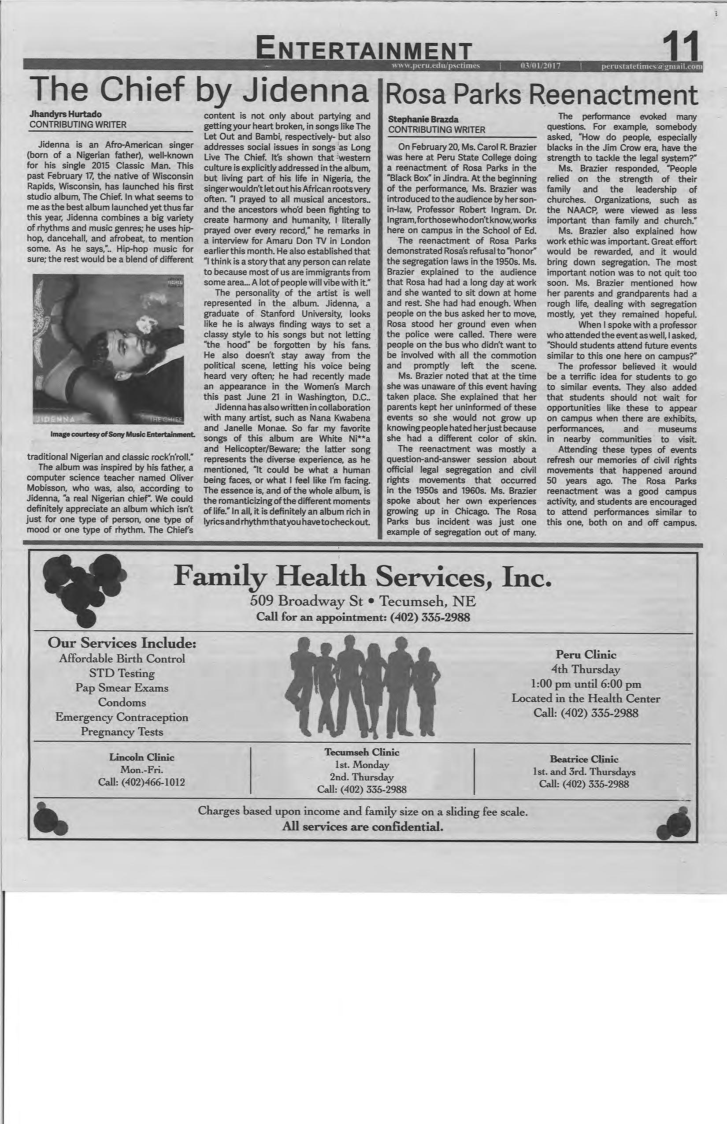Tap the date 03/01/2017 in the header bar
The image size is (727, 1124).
coord(540,66)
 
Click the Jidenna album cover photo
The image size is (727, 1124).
coord(108,350)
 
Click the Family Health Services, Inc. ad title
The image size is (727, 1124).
coord(362,577)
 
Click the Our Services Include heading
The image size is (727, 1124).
coord(122,643)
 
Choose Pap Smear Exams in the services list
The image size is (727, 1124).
coord(122,688)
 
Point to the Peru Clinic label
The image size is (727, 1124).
coord(586,655)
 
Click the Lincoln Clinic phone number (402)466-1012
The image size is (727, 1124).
coord(153,782)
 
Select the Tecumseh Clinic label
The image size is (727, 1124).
coord(362,752)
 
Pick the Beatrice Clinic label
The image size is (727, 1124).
coord(584,759)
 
